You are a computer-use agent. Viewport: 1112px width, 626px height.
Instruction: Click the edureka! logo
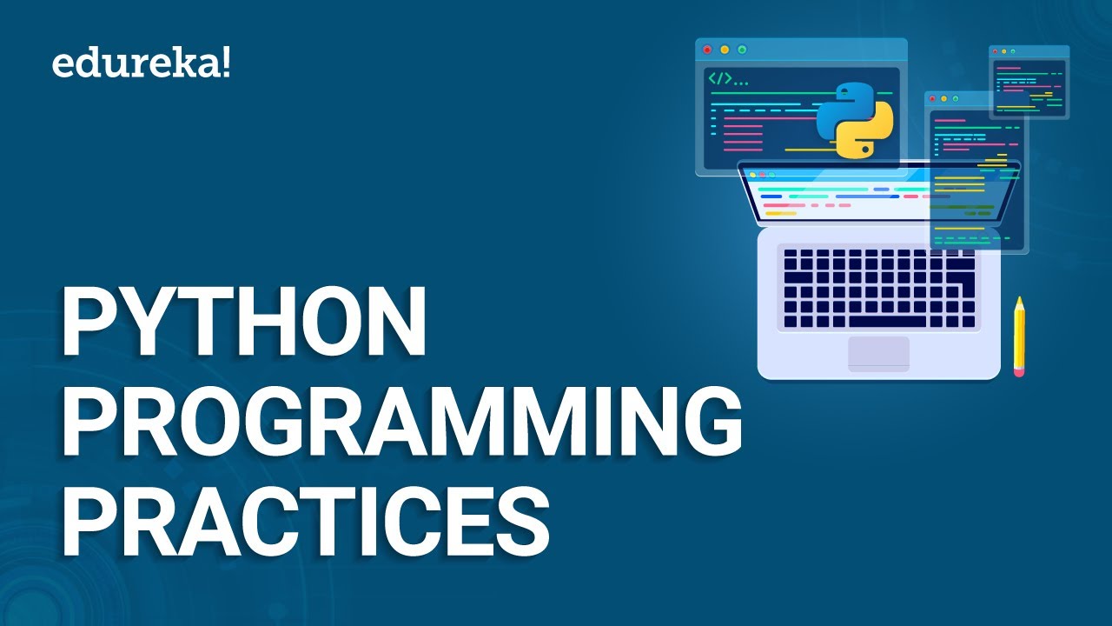(x=141, y=65)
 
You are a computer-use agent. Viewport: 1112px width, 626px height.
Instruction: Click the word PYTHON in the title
(x=244, y=322)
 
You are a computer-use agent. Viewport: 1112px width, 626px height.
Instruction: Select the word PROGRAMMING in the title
(x=402, y=421)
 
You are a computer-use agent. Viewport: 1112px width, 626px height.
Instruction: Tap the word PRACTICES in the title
(x=305, y=520)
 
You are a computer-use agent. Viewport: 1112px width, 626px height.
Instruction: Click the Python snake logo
(x=855, y=121)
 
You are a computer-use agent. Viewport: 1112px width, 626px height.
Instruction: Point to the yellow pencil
(x=1019, y=336)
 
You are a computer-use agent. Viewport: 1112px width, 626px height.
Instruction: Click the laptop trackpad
(x=878, y=354)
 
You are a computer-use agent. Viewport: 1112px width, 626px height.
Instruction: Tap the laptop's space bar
(x=887, y=322)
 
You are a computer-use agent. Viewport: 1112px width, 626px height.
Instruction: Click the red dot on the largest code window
(x=707, y=50)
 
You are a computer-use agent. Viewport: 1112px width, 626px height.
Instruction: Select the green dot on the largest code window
(x=742, y=50)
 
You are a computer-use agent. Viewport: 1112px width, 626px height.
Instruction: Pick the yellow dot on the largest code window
(x=725, y=50)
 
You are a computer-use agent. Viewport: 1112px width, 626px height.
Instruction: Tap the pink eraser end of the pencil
(x=1019, y=371)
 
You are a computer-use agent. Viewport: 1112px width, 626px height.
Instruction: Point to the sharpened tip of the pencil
(x=1019, y=299)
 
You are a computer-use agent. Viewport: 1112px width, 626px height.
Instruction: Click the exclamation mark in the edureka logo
(x=227, y=64)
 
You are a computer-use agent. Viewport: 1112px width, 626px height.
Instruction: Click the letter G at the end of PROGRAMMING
(x=711, y=421)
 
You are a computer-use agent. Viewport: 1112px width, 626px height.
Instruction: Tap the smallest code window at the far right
(x=1029, y=83)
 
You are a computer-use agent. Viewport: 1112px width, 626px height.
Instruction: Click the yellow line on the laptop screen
(x=781, y=214)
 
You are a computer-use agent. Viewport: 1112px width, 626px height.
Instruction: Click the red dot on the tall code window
(x=932, y=99)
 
